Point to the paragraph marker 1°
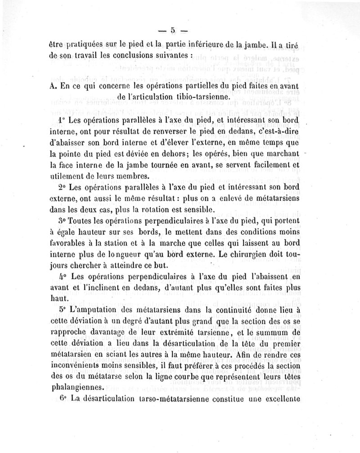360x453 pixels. click(x=63, y=121)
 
